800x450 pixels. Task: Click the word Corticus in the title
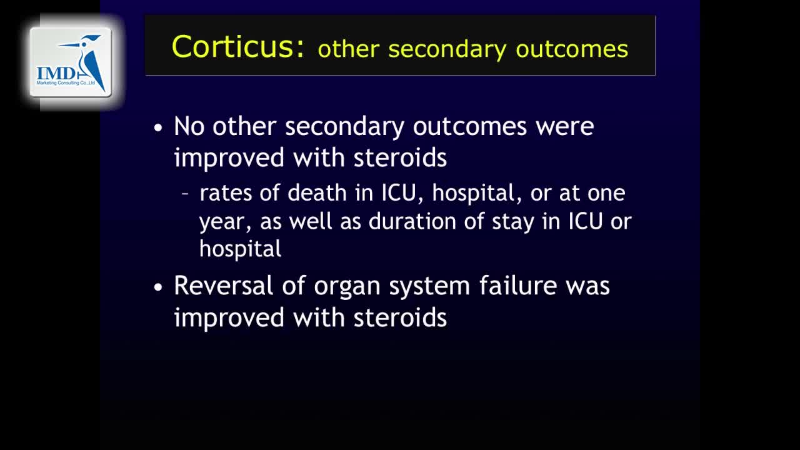point(237,46)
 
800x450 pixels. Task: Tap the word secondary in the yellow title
point(447,50)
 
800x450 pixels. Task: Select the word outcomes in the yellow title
point(572,49)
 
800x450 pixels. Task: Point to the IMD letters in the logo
point(56,74)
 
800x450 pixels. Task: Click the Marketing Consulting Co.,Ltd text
point(66,83)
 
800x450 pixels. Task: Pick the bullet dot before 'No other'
point(158,127)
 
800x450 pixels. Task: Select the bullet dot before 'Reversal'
point(158,287)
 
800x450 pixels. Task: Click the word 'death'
point(317,193)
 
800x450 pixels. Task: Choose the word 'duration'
point(412,221)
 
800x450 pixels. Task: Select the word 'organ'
point(347,287)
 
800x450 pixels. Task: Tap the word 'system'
point(429,287)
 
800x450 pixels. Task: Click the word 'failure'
point(518,286)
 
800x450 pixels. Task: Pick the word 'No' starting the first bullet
point(189,126)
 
